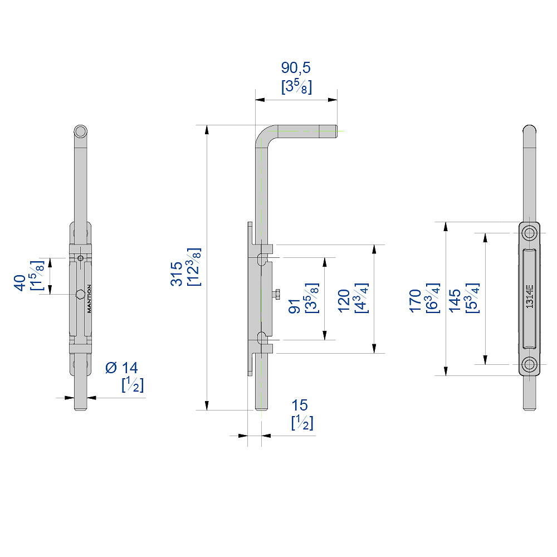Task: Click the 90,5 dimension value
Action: [296, 67]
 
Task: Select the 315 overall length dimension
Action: [176, 273]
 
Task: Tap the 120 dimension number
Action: [344, 301]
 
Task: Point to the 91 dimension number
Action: [294, 306]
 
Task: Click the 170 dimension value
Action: [415, 301]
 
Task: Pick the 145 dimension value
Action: [455, 301]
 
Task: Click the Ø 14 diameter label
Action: [122, 368]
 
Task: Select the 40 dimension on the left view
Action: [20, 283]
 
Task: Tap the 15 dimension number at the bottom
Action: [300, 405]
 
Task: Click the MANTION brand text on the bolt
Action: [89, 299]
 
